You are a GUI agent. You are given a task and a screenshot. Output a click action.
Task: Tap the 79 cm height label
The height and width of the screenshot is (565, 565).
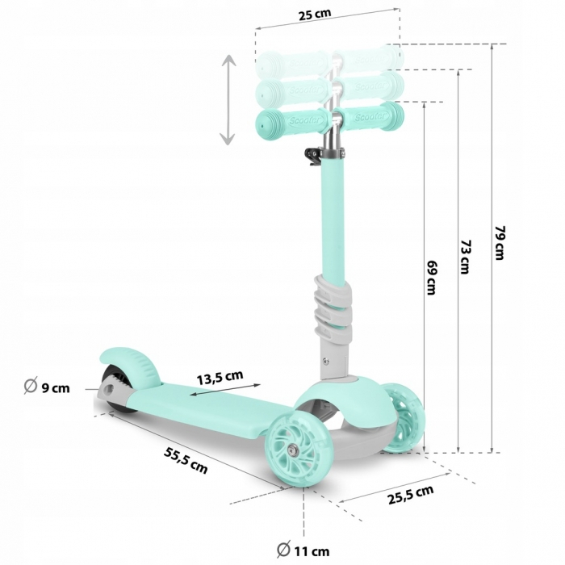[500, 242]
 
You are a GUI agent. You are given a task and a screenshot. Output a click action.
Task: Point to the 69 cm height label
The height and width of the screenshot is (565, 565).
[433, 277]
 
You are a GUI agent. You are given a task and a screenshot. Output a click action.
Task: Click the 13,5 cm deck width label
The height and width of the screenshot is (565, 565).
[220, 375]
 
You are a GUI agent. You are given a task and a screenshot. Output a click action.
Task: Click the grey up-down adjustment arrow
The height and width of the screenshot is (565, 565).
[228, 100]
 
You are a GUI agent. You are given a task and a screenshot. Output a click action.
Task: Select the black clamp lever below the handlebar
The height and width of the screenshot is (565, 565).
[312, 153]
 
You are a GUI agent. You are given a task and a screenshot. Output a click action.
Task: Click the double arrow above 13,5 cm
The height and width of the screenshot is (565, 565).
[227, 390]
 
